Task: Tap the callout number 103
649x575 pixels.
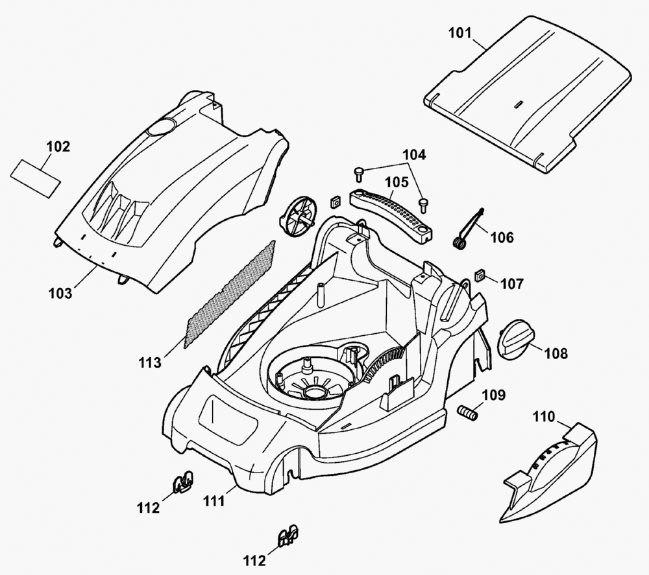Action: pyautogui.click(x=60, y=293)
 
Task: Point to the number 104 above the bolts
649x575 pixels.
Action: pyautogui.click(x=414, y=155)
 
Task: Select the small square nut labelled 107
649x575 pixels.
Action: pyautogui.click(x=481, y=276)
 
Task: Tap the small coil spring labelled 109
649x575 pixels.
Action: pyautogui.click(x=468, y=413)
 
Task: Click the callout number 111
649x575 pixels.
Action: pyautogui.click(x=214, y=500)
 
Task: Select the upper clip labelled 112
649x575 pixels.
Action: pyautogui.click(x=183, y=481)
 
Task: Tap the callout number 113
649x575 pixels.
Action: pyautogui.click(x=150, y=362)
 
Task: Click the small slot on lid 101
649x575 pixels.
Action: pyautogui.click(x=517, y=102)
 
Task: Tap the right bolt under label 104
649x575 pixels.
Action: pyautogui.click(x=423, y=204)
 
